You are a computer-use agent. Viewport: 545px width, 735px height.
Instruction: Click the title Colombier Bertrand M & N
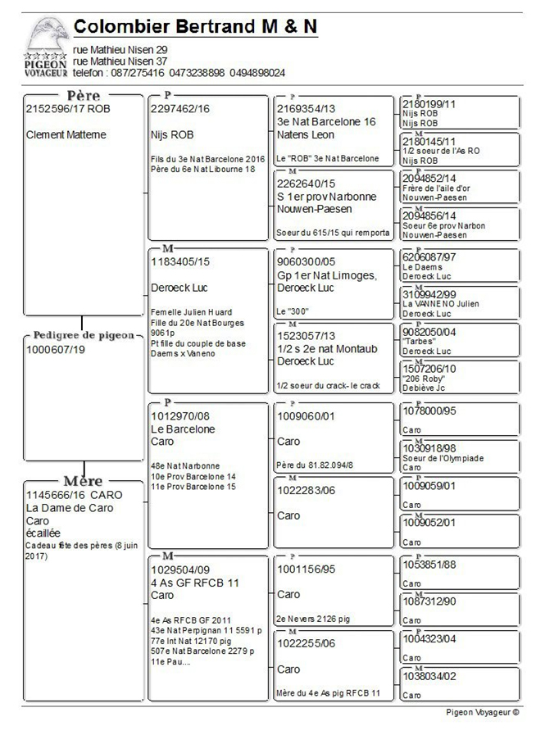point(195,27)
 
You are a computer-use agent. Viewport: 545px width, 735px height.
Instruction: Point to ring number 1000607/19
point(56,349)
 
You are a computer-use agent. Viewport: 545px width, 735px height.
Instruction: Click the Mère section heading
point(83,481)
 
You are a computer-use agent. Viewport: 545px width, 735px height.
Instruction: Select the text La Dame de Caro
point(70,508)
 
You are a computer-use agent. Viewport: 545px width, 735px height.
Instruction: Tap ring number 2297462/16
point(180,108)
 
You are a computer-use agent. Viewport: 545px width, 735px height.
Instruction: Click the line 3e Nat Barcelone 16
point(326,121)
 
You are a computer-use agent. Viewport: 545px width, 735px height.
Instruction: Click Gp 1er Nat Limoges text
point(326,275)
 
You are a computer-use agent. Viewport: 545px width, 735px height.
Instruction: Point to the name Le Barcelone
point(183,429)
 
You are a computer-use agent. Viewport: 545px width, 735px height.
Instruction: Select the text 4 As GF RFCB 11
point(194,583)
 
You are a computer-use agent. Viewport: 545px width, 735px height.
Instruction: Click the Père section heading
point(83,96)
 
